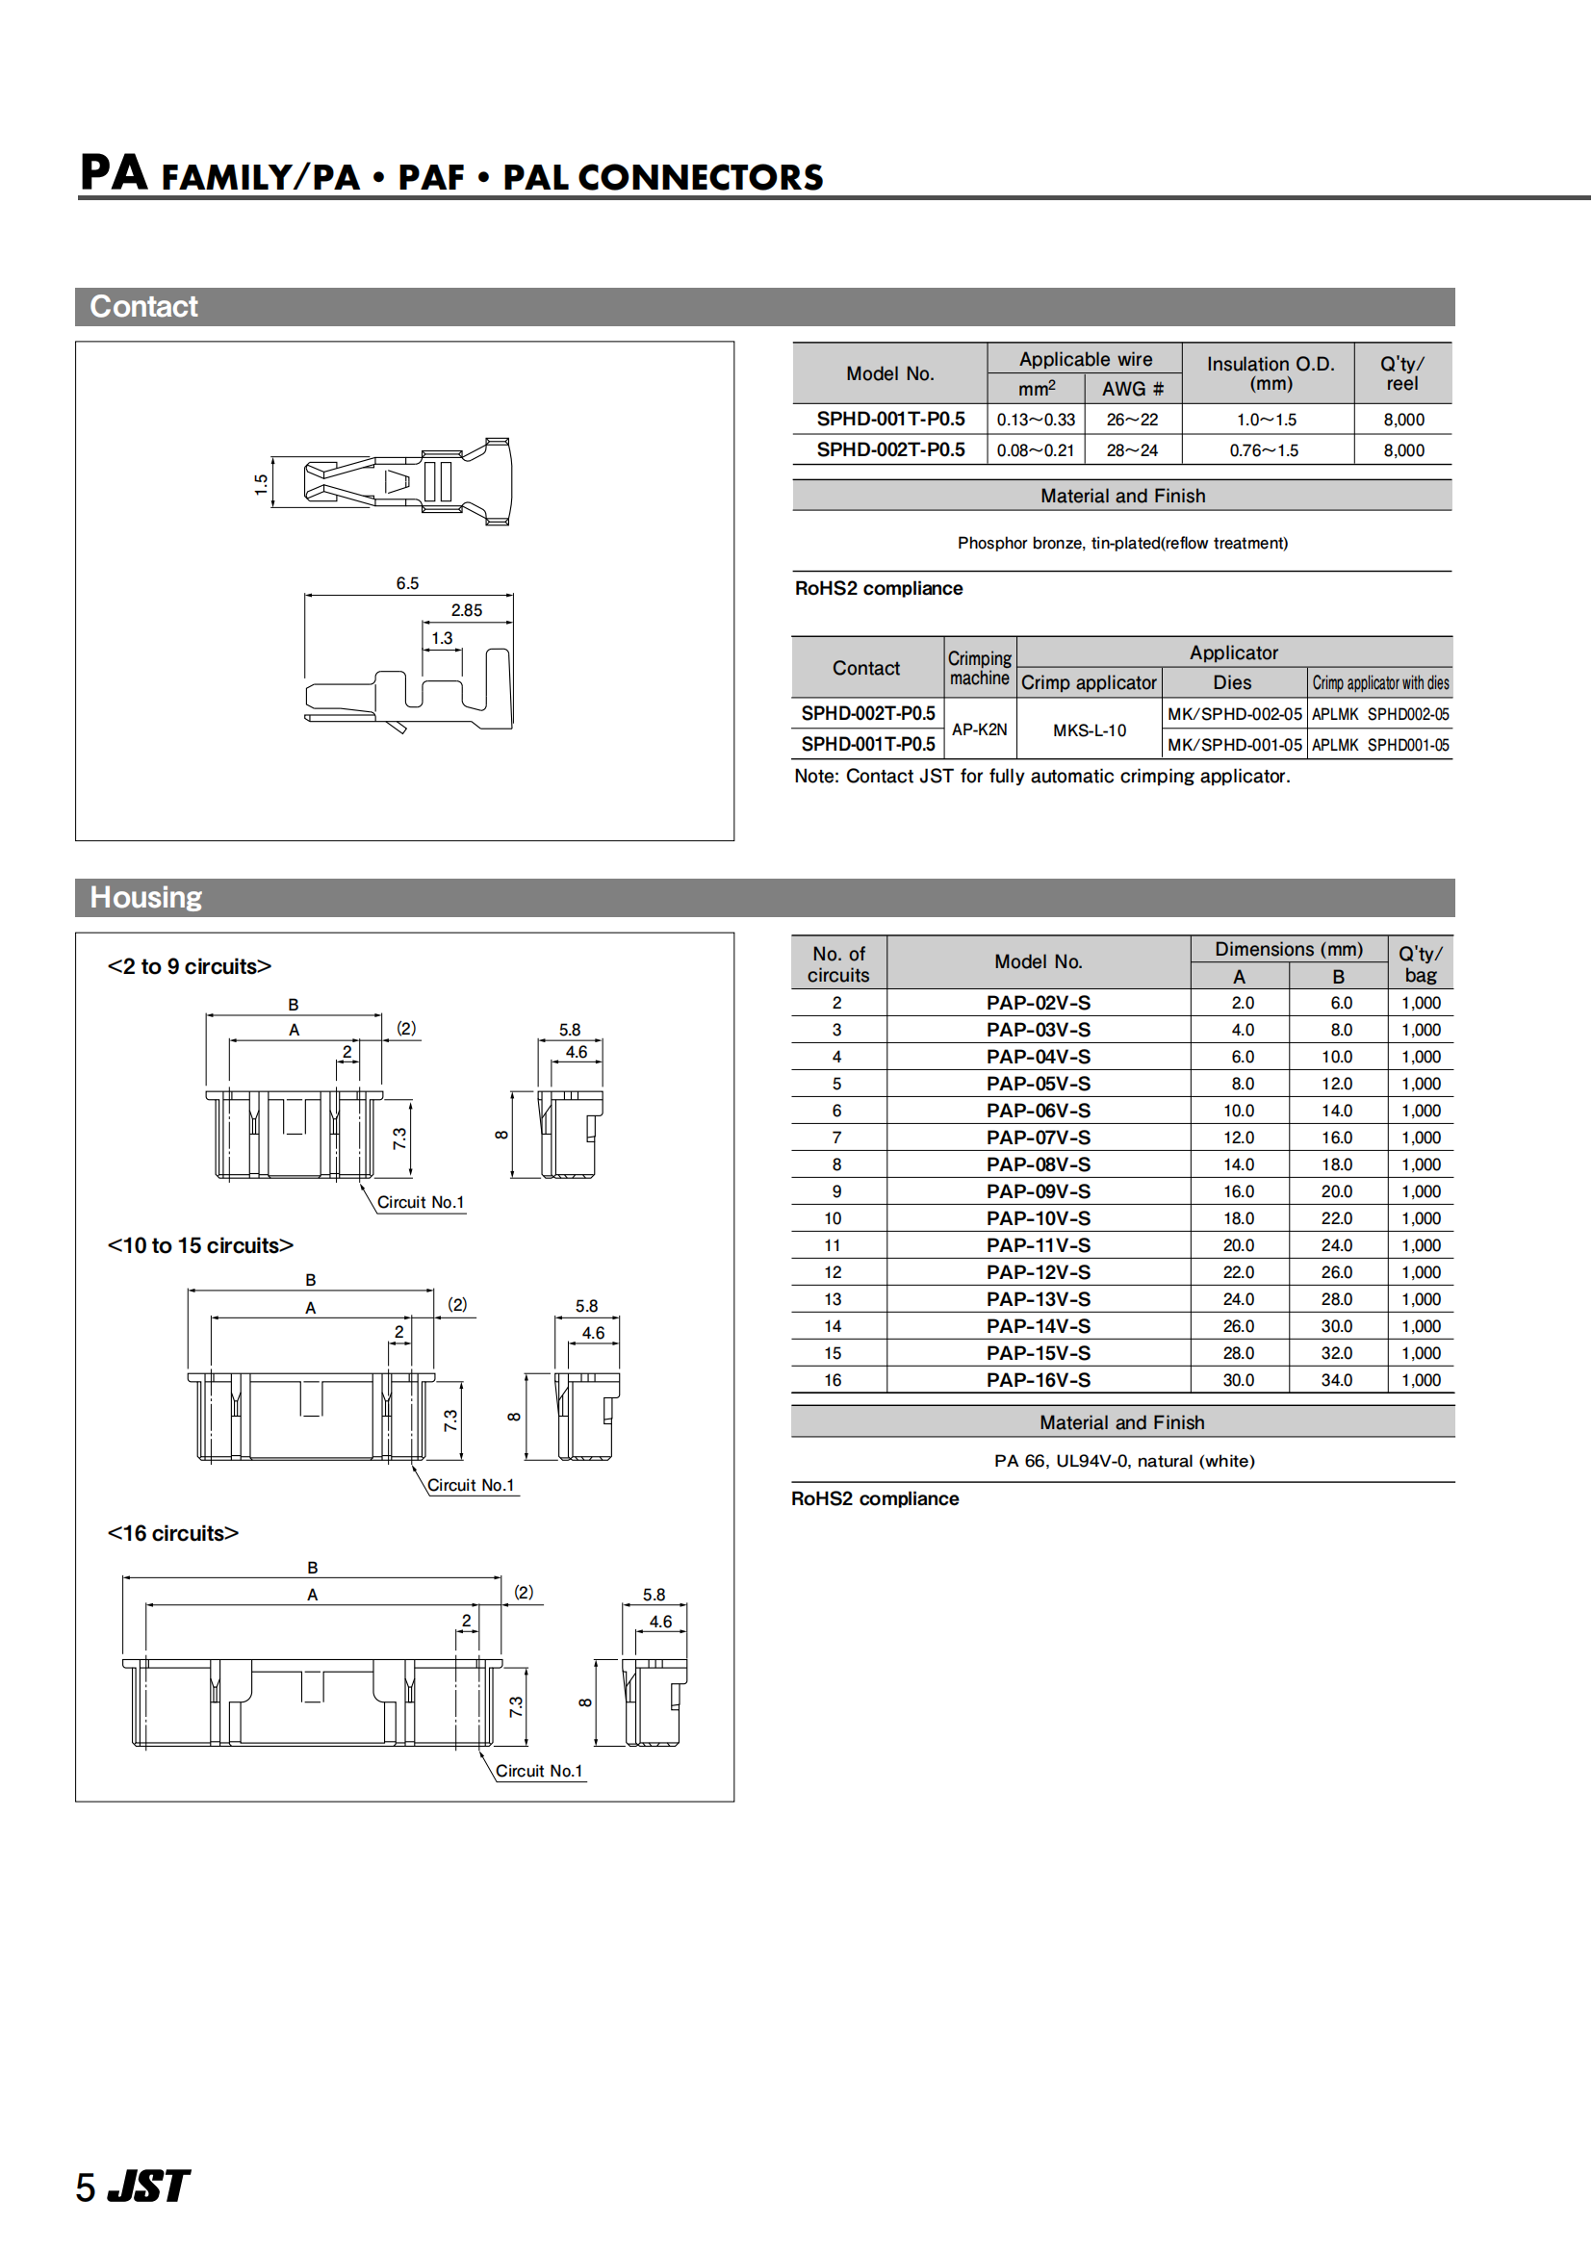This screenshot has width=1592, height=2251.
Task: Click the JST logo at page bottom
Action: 148,2186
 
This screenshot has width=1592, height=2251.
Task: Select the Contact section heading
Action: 144,307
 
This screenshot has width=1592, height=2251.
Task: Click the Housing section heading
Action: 146,897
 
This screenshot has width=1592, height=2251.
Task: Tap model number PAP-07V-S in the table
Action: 1039,1138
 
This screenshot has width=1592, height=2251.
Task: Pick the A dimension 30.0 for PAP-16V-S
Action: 1238,1379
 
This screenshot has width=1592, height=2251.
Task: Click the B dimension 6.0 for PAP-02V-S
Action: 1341,1003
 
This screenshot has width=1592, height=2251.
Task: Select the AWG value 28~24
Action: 1132,450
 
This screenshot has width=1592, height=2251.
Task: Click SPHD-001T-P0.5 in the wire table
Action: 890,419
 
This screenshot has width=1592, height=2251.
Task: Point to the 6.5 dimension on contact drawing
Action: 408,583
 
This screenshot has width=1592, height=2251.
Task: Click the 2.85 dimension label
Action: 467,610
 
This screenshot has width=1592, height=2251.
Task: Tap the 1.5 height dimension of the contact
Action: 261,484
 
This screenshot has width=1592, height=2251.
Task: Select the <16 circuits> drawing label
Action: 172,1532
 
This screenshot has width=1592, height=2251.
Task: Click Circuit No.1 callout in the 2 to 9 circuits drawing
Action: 421,1202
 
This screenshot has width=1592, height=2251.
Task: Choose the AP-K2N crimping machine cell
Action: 979,729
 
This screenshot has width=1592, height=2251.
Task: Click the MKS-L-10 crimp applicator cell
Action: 1090,730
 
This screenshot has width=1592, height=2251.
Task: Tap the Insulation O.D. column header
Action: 1271,373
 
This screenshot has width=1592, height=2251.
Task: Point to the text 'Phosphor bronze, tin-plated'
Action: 1122,543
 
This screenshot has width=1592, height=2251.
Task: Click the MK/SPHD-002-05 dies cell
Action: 1234,714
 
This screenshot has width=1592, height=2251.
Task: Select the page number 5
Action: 87,2187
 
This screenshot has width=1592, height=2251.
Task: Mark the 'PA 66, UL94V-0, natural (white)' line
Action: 1123,1461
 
